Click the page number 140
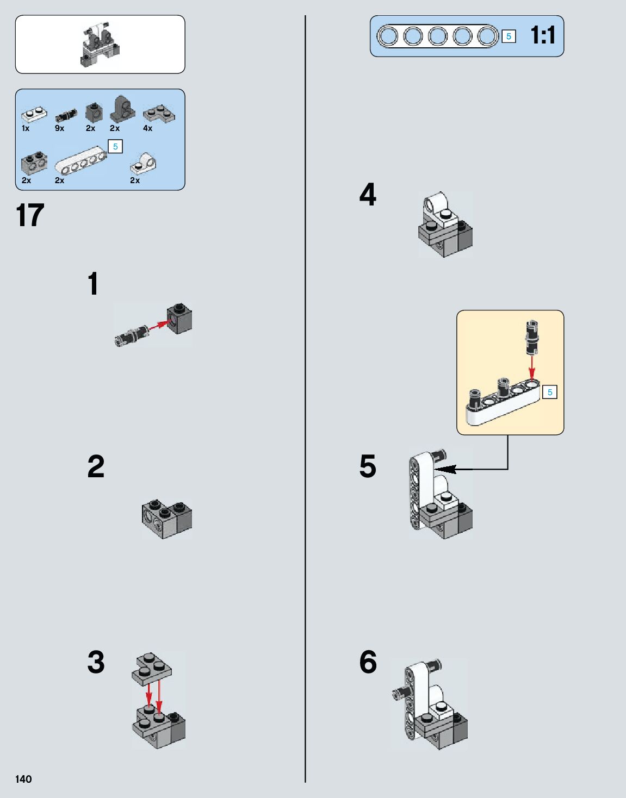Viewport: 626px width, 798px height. point(23,779)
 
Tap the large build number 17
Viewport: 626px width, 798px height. point(30,215)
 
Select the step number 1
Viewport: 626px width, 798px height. point(94,284)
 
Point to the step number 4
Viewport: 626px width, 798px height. point(368,195)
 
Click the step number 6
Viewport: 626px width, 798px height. point(368,662)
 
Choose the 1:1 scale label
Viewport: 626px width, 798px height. point(543,36)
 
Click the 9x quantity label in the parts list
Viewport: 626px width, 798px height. point(59,128)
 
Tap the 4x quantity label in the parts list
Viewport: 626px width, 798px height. point(147,128)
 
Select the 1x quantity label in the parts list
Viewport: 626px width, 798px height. point(26,128)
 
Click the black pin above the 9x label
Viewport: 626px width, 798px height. point(66,115)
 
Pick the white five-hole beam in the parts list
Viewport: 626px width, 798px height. point(80,160)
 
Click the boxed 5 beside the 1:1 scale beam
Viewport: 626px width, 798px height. point(509,36)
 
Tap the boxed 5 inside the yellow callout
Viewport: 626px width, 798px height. point(550,392)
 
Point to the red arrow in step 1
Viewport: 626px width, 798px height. point(157,325)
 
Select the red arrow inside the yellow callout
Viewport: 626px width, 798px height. point(531,365)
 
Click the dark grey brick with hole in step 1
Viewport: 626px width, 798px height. point(179,319)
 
